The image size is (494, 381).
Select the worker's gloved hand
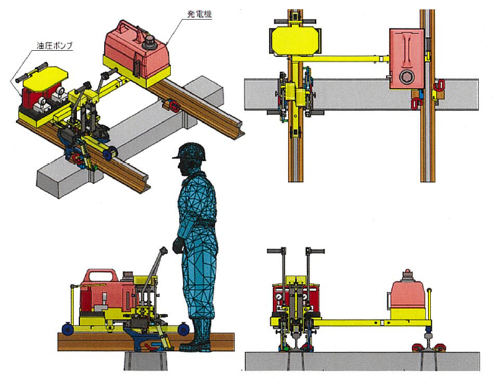click(178, 246)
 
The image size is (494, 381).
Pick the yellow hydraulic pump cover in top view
click(295, 40)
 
